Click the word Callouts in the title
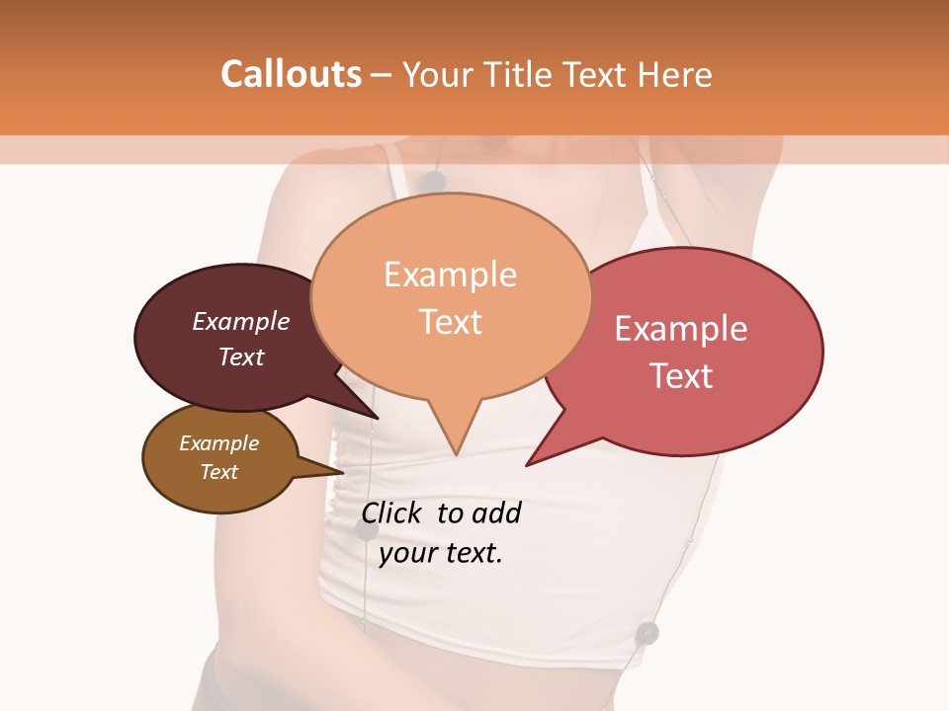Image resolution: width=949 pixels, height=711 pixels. pos(291,75)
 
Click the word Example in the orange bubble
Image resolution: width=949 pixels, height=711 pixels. pos(450,275)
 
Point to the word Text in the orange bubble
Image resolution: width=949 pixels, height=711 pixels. pos(451,322)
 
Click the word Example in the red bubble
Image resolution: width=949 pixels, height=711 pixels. pos(681,329)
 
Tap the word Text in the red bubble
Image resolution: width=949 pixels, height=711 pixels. pos(682,376)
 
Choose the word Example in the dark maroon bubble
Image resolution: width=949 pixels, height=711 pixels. pos(241,321)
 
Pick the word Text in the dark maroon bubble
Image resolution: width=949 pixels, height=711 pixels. pos(241,356)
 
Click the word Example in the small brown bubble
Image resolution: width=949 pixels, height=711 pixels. pos(218,443)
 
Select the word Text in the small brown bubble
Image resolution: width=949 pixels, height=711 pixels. pos(218,472)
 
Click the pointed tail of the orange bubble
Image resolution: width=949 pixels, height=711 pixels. pos(455,444)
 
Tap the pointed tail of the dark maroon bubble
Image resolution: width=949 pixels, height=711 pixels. pos(366,409)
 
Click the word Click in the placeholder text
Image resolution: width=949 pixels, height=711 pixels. pos(392,513)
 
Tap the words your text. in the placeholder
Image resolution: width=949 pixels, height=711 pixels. pos(441,553)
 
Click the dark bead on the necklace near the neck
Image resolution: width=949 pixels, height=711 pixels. pos(432,181)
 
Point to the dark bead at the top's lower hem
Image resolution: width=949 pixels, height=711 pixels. pos(647,632)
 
